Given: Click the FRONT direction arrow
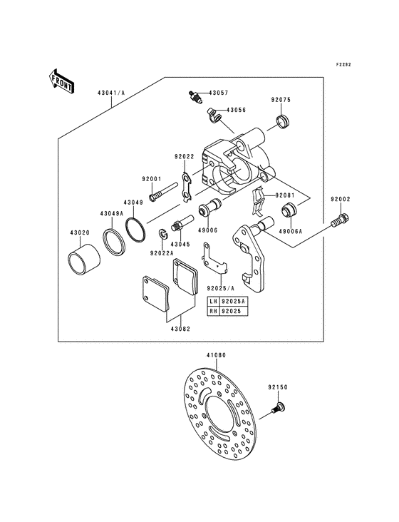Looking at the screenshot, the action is point(61,81).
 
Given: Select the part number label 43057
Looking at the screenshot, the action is point(219,93).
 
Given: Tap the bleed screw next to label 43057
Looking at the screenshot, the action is point(194,96).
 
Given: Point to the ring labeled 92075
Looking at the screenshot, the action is point(284,121).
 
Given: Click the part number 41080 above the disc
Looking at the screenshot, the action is point(216,355).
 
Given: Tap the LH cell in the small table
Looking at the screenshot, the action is point(214,301).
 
